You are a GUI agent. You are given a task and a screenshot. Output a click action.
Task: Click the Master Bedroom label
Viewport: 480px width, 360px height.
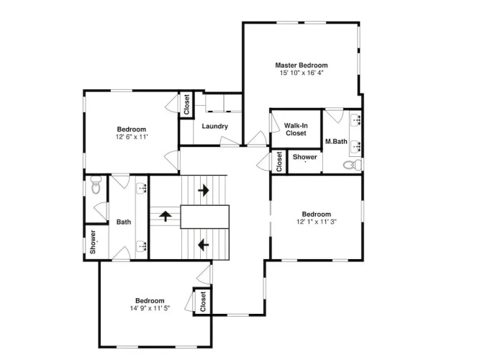tap(302, 65)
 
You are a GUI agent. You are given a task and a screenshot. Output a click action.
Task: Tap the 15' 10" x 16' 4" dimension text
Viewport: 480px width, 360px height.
tap(302, 73)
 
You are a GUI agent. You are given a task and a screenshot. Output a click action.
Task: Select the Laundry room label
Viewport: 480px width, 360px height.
tap(215, 126)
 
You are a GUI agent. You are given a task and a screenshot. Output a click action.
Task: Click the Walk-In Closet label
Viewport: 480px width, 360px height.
tap(296, 130)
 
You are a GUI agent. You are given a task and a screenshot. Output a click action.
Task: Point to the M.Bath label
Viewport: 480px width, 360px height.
tap(336, 141)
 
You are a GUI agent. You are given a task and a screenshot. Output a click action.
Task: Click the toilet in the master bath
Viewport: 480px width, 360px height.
tap(353, 166)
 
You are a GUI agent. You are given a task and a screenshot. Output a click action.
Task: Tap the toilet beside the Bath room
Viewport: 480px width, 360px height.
tap(96, 185)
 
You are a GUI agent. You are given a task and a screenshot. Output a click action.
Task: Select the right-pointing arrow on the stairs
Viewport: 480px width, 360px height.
tap(204, 190)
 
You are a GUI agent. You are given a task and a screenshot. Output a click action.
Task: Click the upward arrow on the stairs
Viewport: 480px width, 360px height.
tap(166, 216)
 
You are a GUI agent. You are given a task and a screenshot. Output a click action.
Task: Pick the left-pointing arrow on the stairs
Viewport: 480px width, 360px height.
tap(203, 245)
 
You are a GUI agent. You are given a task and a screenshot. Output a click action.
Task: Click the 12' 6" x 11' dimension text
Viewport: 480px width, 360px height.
tap(132, 137)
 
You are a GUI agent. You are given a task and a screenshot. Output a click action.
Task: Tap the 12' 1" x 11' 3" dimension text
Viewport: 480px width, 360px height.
tap(317, 222)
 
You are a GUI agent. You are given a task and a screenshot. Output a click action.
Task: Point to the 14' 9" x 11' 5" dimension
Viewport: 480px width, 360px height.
tap(150, 308)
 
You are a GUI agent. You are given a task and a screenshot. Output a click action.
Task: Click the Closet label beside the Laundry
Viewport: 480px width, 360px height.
tap(186, 104)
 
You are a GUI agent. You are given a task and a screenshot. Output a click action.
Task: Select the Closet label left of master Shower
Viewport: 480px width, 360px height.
tap(279, 162)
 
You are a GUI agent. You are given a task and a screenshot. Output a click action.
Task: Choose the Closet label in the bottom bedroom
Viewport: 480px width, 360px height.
tap(203, 302)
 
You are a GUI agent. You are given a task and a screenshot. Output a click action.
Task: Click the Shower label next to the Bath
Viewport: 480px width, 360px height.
tap(93, 242)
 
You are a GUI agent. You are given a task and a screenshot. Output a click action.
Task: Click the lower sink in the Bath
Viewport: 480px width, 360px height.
tap(142, 246)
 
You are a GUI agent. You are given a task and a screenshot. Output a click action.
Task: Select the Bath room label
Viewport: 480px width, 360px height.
tap(124, 222)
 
